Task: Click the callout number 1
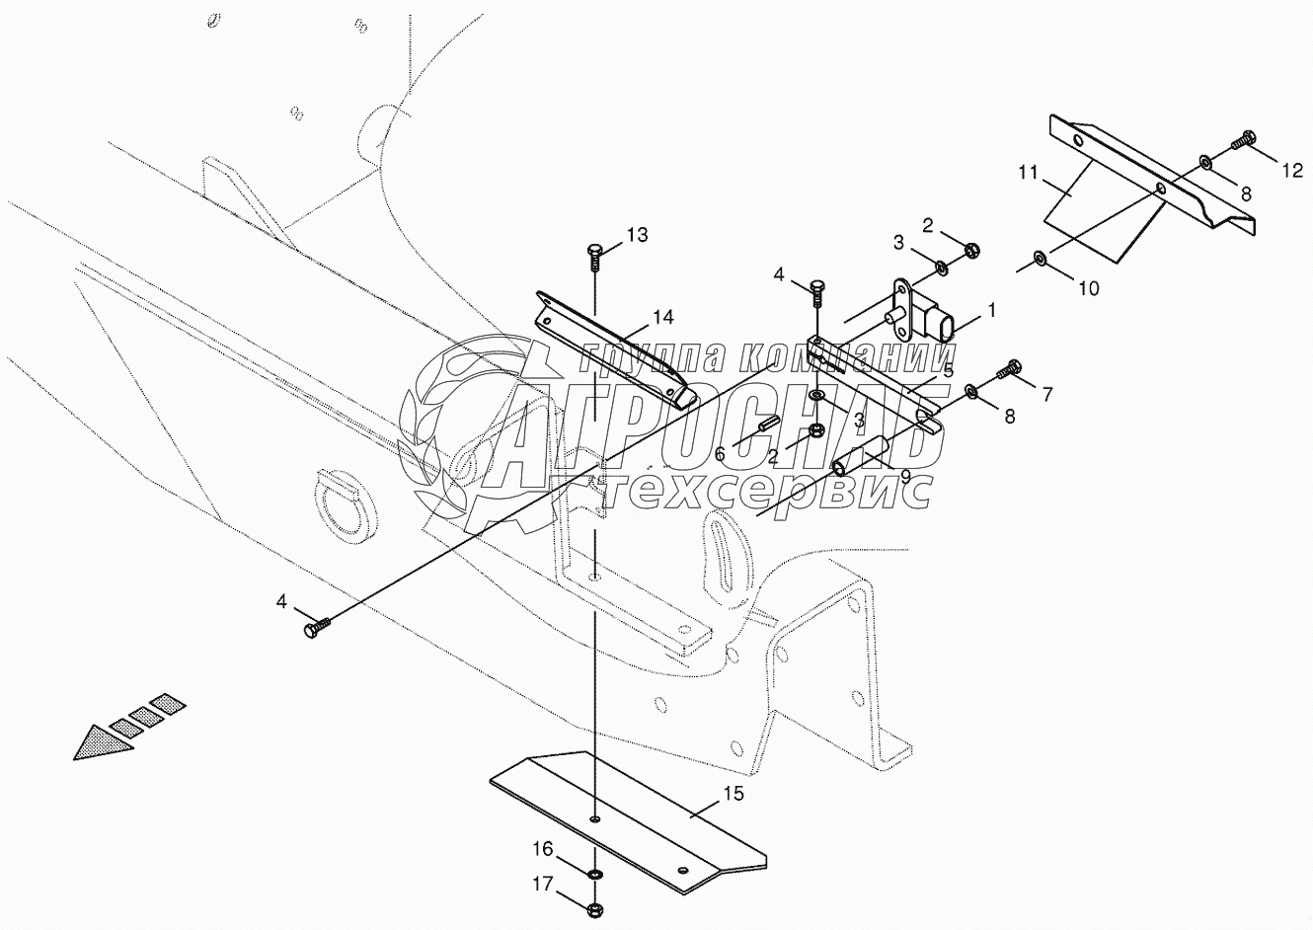point(991,309)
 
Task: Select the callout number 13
point(637,234)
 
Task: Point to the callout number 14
point(661,317)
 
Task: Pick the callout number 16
point(544,848)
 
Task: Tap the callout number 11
point(1029,172)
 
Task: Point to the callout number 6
point(719,453)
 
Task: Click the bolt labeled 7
point(1009,371)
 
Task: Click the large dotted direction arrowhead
point(102,741)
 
